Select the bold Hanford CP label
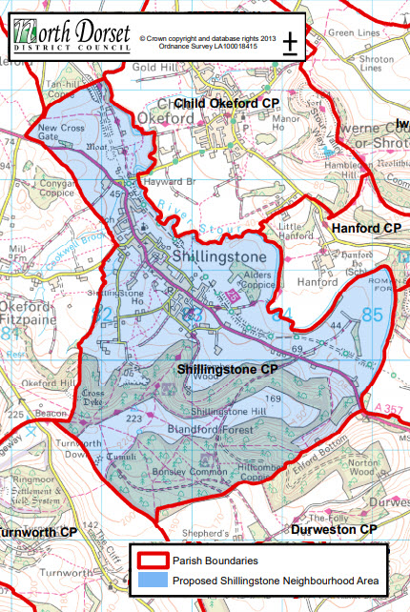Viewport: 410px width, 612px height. [x=366, y=229]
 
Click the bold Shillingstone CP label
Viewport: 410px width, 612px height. [x=227, y=368]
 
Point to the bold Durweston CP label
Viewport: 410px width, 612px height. [x=335, y=528]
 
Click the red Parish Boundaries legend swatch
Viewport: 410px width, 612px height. [x=152, y=561]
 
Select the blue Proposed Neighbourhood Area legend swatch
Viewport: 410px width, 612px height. [x=152, y=581]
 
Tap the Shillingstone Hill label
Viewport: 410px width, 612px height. [x=231, y=411]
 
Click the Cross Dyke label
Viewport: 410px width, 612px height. [x=94, y=397]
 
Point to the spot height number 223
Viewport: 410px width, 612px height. [x=134, y=418]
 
